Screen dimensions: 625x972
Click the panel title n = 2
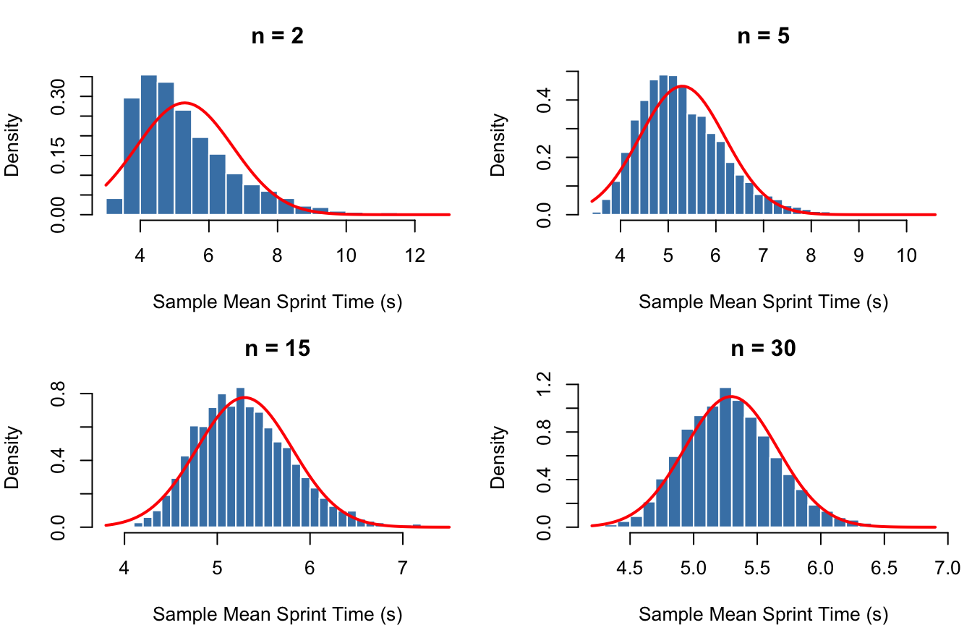point(278,36)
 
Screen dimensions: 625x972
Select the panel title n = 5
point(764,36)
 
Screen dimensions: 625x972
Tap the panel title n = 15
point(278,348)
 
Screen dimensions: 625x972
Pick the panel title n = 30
point(764,348)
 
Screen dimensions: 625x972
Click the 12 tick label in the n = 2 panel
point(414,238)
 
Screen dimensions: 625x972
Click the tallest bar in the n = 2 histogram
point(149,145)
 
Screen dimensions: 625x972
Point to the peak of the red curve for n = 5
point(681,86)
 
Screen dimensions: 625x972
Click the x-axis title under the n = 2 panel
point(278,302)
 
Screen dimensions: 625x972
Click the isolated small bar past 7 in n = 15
point(417,526)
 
